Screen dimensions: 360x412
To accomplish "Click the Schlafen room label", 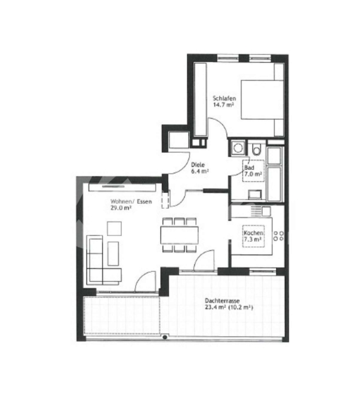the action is coord(224,98).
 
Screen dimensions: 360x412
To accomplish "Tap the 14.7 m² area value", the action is coord(223,105).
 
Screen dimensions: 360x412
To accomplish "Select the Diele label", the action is coord(197,165).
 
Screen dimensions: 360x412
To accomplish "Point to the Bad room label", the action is coord(249,167).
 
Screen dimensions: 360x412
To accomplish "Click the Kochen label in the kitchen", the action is coord(254,233).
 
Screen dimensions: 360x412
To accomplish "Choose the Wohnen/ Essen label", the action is coord(131,201).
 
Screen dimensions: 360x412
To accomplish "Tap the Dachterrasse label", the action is coord(222,300).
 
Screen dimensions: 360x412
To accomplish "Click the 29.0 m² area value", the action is coord(121,208).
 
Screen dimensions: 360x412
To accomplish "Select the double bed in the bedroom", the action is coord(262,100).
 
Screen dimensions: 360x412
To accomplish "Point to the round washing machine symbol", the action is coord(238,148).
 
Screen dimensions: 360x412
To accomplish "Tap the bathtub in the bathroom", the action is coord(274,183).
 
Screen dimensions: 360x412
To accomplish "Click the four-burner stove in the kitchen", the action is coord(279,236).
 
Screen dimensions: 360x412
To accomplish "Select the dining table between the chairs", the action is coord(180,235).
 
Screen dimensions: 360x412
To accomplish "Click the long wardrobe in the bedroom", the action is coord(200,100).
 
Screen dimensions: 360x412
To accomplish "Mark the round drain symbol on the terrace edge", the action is coord(165,337).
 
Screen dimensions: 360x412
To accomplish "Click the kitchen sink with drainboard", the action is coord(260,211).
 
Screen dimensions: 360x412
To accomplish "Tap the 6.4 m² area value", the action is coord(200,171).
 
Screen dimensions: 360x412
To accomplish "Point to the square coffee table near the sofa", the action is coord(114,228).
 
